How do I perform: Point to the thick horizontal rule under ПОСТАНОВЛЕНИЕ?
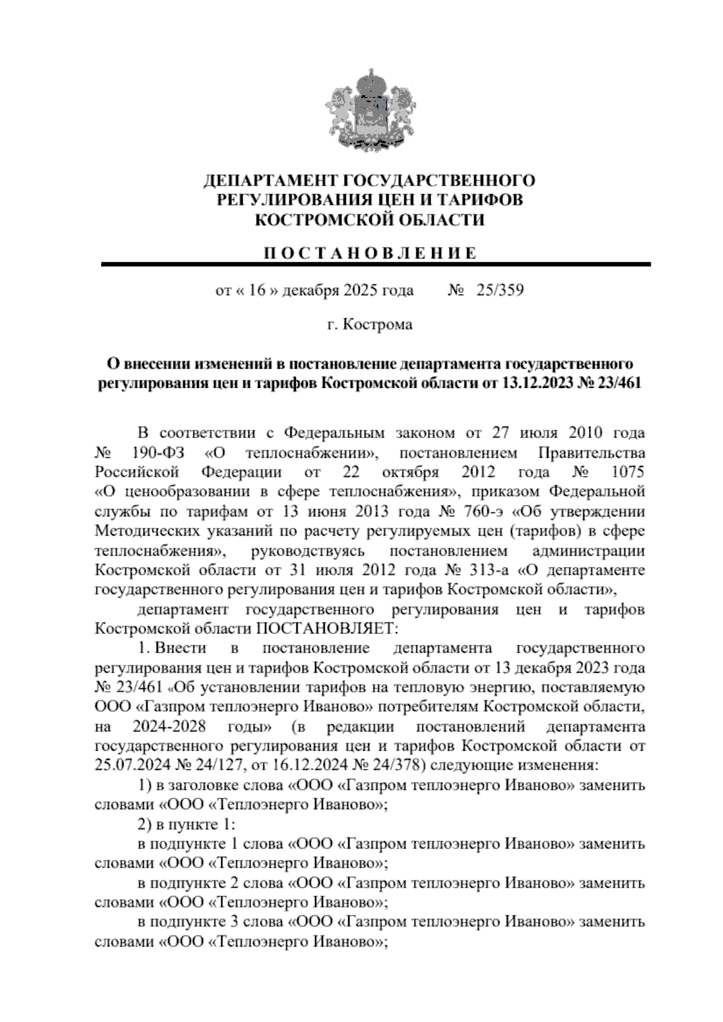tap(376, 265)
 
